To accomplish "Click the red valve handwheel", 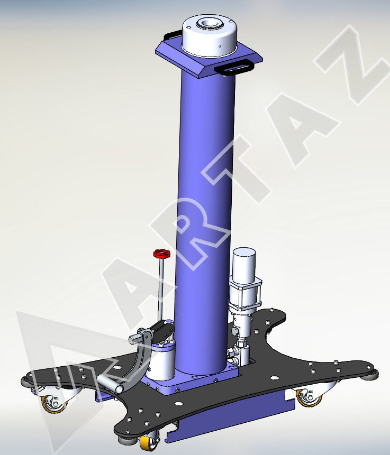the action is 162,254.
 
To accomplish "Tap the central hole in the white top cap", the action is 208,23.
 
